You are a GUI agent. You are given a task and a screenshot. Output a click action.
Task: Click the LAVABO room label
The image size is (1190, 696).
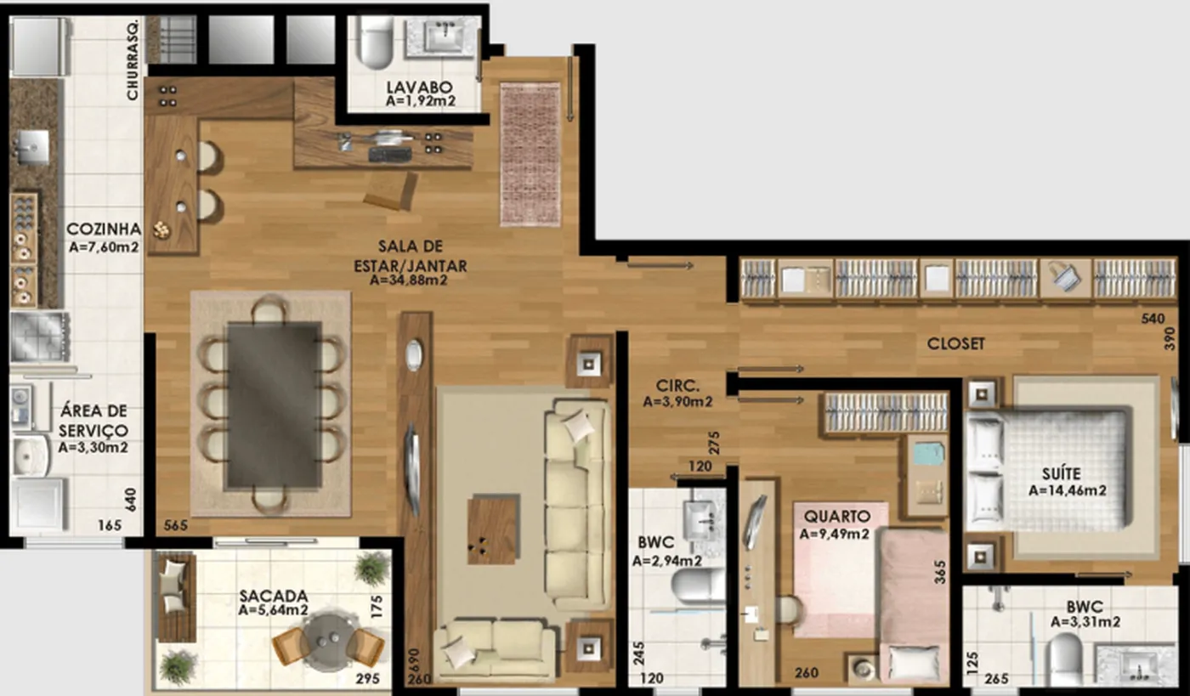419,88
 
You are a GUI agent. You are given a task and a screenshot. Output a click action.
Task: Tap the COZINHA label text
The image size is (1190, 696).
104,229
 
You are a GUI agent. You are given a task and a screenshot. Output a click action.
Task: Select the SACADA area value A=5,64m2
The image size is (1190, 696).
273,610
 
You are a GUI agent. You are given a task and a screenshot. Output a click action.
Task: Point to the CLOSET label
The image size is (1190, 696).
955,343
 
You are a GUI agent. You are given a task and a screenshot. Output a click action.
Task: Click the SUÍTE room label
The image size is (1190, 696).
1061,473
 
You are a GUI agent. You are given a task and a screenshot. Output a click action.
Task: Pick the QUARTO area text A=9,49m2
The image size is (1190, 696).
834,533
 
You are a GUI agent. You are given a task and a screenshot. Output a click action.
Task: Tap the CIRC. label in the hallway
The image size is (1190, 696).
677,386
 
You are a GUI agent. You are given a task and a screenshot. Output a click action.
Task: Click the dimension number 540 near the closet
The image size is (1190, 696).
1153,318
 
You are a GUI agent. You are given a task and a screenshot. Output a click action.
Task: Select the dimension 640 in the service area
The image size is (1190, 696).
131,500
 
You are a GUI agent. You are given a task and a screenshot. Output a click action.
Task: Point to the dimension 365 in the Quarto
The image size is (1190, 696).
940,572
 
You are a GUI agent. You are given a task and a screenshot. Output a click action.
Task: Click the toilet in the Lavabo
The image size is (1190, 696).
376,42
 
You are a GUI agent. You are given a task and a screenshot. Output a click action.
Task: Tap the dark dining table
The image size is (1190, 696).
274,405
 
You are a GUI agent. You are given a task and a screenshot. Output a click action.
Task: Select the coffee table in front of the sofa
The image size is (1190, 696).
493,529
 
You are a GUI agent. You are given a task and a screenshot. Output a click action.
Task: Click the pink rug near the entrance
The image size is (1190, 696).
530,154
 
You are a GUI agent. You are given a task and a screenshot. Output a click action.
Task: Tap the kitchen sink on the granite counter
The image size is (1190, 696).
33,147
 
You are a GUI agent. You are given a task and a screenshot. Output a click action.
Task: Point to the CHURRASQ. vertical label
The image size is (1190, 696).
133,59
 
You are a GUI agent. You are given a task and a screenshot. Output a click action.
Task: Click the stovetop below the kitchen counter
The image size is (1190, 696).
39,337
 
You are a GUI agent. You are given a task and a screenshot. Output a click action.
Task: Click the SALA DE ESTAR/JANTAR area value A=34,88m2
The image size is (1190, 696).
408,280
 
